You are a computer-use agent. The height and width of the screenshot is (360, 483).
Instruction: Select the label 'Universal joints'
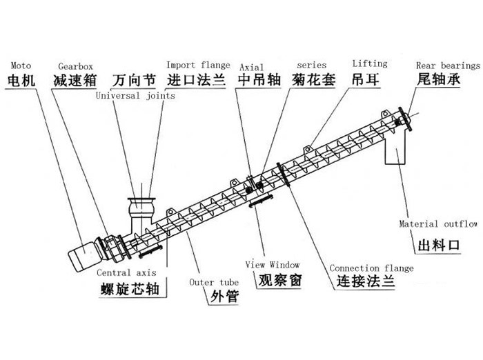coord(135,97)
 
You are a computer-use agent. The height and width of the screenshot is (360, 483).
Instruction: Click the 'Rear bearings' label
coord(448,66)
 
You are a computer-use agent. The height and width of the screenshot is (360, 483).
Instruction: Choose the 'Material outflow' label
coord(439,224)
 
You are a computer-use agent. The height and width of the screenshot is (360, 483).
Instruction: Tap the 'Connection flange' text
coord(371,268)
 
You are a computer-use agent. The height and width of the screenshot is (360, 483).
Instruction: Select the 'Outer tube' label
coord(210,282)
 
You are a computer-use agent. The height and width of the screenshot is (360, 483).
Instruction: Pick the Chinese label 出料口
coord(440,246)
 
